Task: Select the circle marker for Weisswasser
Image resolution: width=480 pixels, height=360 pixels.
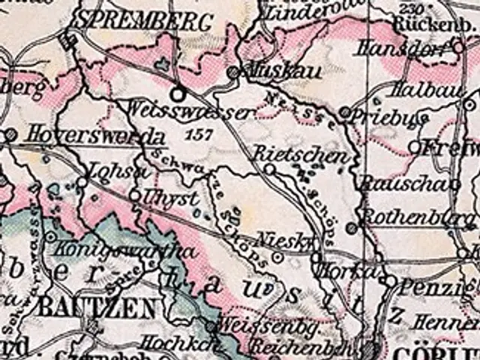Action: point(178,94)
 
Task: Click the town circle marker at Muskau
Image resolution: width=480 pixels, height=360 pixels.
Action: point(234,73)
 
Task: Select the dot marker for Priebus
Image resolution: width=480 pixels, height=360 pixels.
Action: point(344,112)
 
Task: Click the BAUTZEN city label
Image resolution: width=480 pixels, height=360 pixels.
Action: point(97,307)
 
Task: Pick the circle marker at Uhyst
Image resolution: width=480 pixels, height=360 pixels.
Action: point(135,195)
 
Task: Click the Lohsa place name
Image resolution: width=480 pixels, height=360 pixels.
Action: point(112,170)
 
